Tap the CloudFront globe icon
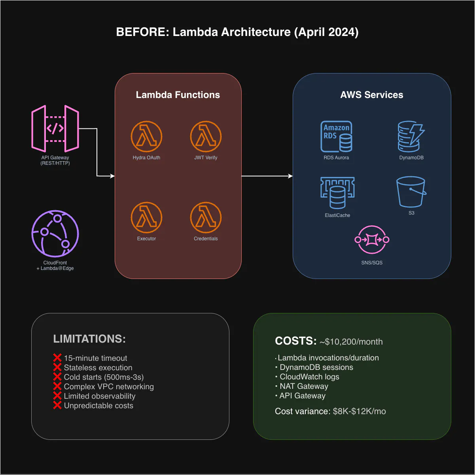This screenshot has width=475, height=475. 55,234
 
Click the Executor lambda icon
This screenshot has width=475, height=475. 146,218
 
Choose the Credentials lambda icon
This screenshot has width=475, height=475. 206,218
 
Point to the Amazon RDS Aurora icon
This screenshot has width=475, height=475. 336,137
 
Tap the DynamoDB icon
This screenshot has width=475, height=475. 411,137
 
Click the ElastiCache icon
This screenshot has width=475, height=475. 337,193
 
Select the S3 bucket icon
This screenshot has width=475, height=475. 411,192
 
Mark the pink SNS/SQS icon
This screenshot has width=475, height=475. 372,239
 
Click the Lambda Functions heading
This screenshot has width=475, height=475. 178,95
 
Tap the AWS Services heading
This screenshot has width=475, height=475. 372,95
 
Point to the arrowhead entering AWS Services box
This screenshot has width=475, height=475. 290,176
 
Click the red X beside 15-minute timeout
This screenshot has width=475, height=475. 57,358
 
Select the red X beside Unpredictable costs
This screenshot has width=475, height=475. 57,405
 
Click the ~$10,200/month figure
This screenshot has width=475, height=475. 351,342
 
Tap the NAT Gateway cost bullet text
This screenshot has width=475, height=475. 304,386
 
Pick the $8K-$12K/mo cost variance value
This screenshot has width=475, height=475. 359,411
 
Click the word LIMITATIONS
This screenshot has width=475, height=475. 89,339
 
